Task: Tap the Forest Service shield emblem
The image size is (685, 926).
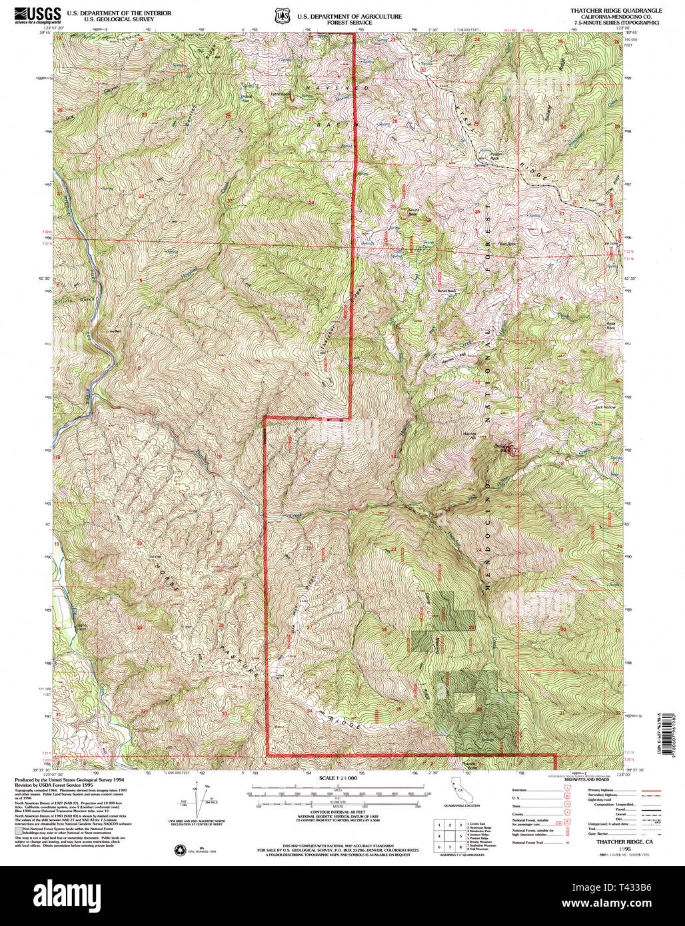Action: (x=281, y=14)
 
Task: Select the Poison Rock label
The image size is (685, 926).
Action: (x=506, y=159)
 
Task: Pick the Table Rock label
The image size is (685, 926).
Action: (x=285, y=94)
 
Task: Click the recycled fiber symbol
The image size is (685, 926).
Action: (x=180, y=850)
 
